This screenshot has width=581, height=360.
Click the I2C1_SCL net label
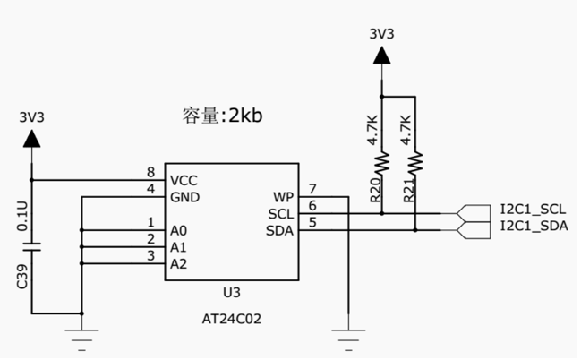click(x=534, y=210)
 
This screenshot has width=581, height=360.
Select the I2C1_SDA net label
click(x=534, y=226)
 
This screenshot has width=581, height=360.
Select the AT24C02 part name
click(x=232, y=318)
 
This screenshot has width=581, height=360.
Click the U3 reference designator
click(x=232, y=293)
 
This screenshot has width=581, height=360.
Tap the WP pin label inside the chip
click(x=283, y=197)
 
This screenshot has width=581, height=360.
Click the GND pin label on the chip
click(x=184, y=196)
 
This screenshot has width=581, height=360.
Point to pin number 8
click(x=150, y=172)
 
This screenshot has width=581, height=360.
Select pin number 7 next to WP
click(x=312, y=189)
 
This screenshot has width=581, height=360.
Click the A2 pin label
click(x=178, y=263)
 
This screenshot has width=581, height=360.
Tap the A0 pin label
click(x=178, y=230)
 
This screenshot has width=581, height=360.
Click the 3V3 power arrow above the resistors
click(x=382, y=56)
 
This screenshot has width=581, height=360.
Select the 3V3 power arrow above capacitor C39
click(x=32, y=138)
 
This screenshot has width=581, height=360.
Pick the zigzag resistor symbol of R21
click(x=415, y=165)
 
